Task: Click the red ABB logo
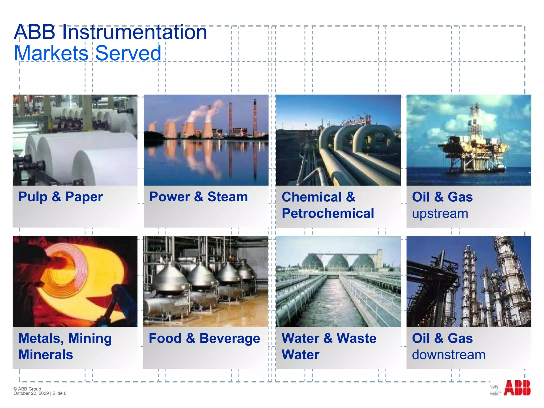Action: (x=517, y=388)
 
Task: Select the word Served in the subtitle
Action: (x=128, y=53)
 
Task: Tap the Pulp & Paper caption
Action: (x=61, y=197)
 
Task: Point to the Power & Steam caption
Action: (x=198, y=197)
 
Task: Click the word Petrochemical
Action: (x=328, y=213)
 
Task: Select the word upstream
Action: (x=440, y=214)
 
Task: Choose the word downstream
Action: (x=449, y=355)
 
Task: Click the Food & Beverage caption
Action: (x=204, y=338)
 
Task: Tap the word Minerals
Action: (x=46, y=355)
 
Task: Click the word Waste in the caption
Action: (x=356, y=338)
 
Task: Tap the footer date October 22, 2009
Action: (x=31, y=393)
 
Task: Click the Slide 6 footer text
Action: (x=59, y=393)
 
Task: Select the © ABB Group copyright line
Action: (x=27, y=389)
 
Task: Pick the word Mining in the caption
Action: (x=90, y=338)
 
